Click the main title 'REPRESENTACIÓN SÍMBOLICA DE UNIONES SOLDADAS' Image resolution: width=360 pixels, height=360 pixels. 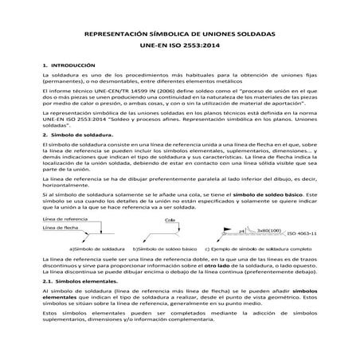[x=180, y=37]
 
